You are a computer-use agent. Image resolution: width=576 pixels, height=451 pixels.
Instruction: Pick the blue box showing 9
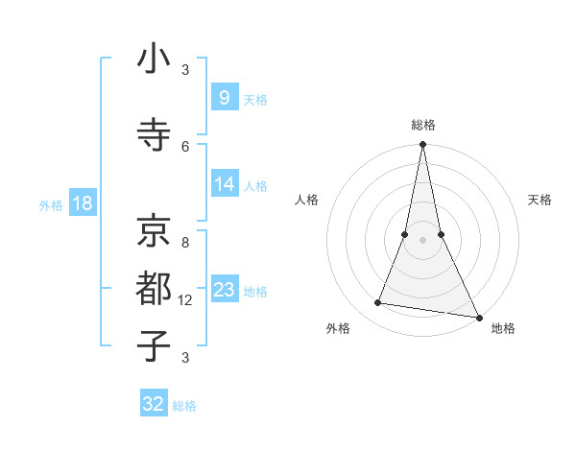pyautogui.click(x=224, y=98)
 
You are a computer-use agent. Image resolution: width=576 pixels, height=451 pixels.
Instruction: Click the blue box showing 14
pyautogui.click(x=224, y=184)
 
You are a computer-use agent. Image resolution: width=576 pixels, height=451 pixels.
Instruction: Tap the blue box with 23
pyautogui.click(x=224, y=290)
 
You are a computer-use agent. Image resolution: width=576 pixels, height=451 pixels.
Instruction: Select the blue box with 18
pyautogui.click(x=82, y=202)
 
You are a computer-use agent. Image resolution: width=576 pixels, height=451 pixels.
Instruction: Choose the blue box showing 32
pyautogui.click(x=154, y=404)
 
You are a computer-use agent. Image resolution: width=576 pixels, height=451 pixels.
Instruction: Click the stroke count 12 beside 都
pyautogui.click(x=185, y=300)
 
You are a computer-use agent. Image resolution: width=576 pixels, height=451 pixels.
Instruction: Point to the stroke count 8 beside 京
pyautogui.click(x=185, y=242)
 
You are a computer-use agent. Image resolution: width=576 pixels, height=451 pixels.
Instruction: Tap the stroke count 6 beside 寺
pyautogui.click(x=185, y=146)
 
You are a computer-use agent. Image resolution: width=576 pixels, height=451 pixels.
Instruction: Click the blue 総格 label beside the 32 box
pyautogui.click(x=184, y=406)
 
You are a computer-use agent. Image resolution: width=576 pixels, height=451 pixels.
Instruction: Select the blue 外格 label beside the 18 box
pyautogui.click(x=51, y=204)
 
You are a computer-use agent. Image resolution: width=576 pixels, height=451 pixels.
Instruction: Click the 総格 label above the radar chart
pyautogui.click(x=423, y=125)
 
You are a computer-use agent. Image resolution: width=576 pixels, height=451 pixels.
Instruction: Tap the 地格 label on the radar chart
pyautogui.click(x=503, y=329)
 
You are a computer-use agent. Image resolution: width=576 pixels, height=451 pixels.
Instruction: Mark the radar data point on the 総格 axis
pyautogui.click(x=422, y=145)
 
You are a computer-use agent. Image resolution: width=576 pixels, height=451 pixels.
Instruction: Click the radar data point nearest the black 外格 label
pyautogui.click(x=377, y=303)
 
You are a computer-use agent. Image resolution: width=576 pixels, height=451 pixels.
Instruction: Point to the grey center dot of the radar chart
pyautogui.click(x=422, y=240)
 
